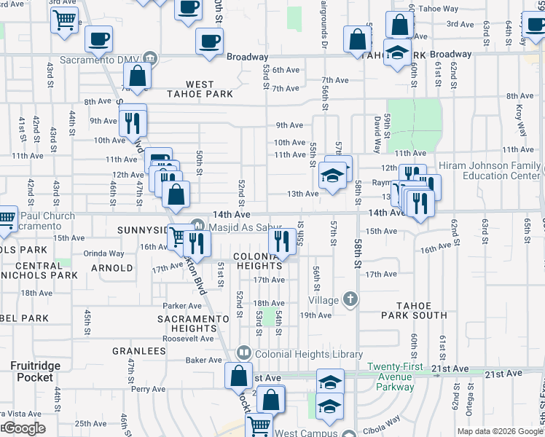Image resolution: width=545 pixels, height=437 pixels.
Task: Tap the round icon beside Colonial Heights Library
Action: tap(244, 354)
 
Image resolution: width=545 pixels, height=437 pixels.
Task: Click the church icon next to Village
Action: tap(350, 299)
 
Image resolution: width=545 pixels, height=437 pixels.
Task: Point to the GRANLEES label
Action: tap(139, 350)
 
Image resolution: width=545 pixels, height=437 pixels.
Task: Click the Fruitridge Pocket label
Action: tap(31, 371)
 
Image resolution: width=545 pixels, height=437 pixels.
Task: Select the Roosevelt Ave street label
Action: tap(187, 339)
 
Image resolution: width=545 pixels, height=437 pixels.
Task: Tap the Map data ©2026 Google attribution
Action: tap(500, 431)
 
